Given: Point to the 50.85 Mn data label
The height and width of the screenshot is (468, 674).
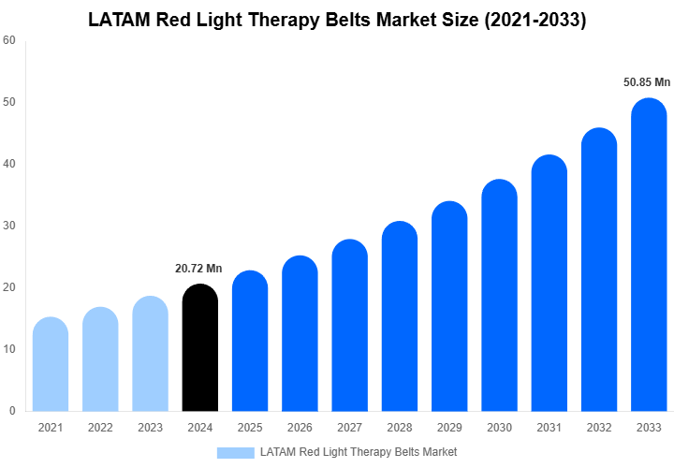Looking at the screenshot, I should point(647,82).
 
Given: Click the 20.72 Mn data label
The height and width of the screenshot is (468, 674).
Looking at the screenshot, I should point(198,269).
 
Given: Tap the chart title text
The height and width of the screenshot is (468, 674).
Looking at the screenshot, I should point(337,20).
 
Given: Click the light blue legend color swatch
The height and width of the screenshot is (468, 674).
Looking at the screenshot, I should point(235,452).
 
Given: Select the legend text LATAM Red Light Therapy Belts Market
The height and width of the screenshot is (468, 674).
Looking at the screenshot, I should point(359,452).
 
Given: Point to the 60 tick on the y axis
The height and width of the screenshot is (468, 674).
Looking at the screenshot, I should point(8,40).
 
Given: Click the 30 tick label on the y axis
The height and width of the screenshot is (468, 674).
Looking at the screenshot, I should point(8,226).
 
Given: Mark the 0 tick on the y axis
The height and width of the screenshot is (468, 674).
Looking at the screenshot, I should point(11,411).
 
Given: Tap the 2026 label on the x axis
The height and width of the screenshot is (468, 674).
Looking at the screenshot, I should point(300,428).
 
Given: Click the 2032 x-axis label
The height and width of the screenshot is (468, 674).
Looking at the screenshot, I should point(599,428).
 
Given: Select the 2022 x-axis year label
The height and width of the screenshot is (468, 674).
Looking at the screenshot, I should point(100,428).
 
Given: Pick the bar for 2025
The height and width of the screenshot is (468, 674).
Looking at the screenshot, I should point(250,341).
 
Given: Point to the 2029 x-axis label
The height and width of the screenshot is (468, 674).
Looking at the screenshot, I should point(449,428).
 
